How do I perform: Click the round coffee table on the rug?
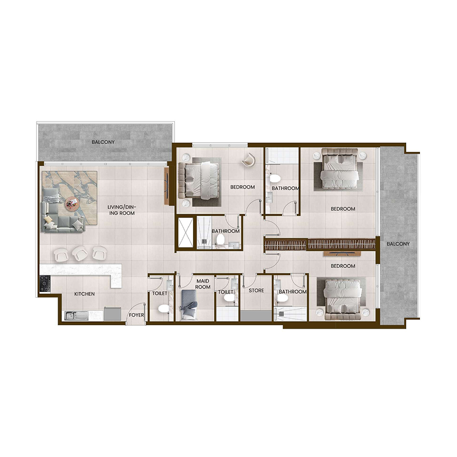click(x=71, y=201)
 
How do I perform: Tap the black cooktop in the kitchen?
click(x=45, y=283)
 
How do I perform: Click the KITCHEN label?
click(x=84, y=294)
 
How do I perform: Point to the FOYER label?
click(x=136, y=315)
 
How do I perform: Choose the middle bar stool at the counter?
click(x=80, y=252)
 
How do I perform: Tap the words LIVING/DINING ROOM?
click(x=124, y=210)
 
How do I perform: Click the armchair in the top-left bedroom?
click(x=249, y=161)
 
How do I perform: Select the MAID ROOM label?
click(x=203, y=284)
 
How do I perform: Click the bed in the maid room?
click(x=189, y=304)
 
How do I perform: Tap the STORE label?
click(x=256, y=291)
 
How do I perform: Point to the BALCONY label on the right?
click(x=398, y=244)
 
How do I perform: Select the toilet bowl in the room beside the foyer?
click(x=163, y=309)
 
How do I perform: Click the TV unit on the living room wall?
click(x=167, y=186)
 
